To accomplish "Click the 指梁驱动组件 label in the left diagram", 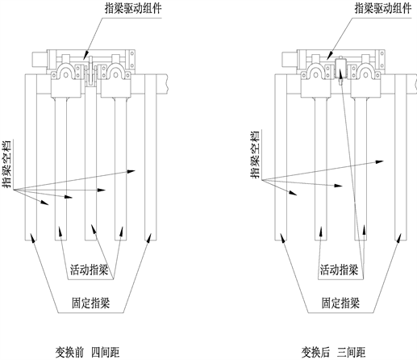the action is click(133, 9).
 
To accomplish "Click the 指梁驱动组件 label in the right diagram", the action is click(383, 9).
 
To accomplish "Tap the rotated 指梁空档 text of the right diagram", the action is click(255, 155).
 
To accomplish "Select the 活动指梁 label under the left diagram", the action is click(90, 270).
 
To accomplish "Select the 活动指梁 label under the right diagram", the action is click(339, 270).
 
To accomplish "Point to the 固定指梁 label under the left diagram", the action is click(91, 303).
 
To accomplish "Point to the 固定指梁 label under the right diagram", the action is click(340, 303).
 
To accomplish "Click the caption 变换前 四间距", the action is click(87, 352).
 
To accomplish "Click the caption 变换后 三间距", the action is click(334, 352).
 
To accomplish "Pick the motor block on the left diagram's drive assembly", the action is click(40, 60).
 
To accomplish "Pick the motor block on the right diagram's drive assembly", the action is click(290, 60).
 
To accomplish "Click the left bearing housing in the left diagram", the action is click(66, 80).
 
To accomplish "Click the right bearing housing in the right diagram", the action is click(365, 80).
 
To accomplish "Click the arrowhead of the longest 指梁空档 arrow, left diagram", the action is click(131, 171).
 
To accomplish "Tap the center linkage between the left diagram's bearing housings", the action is click(91, 71).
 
